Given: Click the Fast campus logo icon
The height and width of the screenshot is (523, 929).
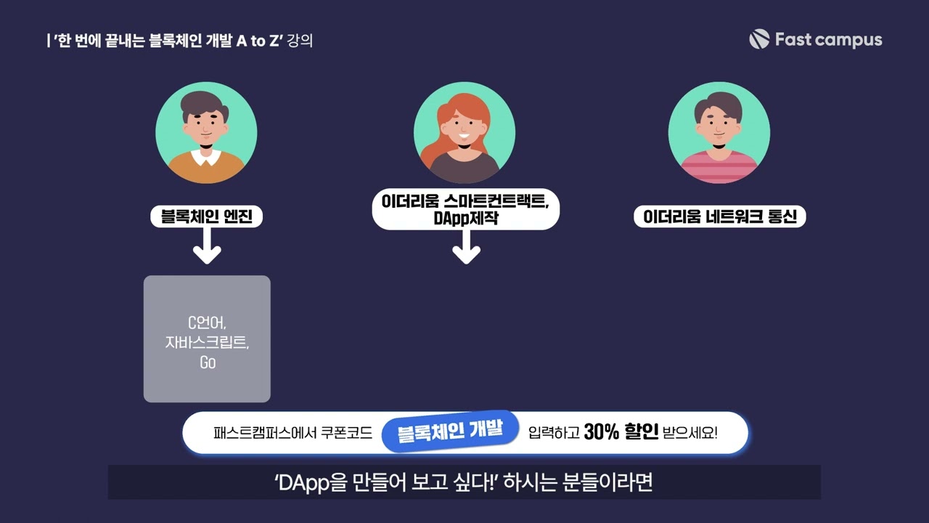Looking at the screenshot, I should (x=758, y=39).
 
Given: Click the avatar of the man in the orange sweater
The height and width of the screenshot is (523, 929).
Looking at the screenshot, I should (x=206, y=132).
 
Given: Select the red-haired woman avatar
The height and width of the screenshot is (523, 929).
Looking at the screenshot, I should (x=464, y=132).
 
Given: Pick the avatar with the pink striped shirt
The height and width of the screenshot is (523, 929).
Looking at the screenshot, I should (x=719, y=132).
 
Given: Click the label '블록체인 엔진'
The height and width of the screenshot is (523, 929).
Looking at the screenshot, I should (x=206, y=216).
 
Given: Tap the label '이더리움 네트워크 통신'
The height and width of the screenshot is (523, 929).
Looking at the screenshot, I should (x=719, y=216).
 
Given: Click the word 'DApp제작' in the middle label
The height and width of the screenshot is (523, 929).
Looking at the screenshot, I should (x=465, y=218).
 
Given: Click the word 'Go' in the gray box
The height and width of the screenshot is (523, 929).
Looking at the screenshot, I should (x=208, y=362).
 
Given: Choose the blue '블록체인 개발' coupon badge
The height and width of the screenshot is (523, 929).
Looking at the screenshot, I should (x=450, y=431).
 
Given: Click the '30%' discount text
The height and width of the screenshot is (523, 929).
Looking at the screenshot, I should (x=601, y=433).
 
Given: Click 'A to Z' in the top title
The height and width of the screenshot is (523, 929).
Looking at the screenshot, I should (x=258, y=40).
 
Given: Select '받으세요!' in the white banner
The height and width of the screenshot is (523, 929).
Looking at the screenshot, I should (x=690, y=434).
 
